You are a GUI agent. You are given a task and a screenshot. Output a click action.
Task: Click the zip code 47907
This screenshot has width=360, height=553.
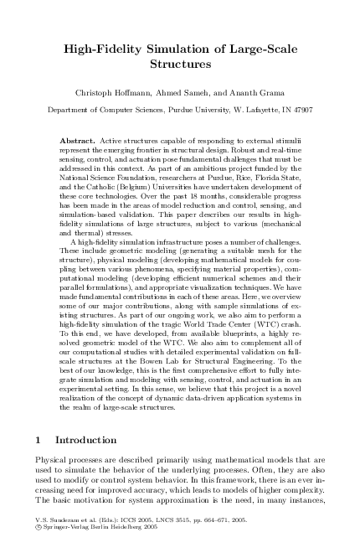(300, 109)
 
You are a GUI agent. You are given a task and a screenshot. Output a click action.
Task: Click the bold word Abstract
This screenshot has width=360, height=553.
(77, 132)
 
